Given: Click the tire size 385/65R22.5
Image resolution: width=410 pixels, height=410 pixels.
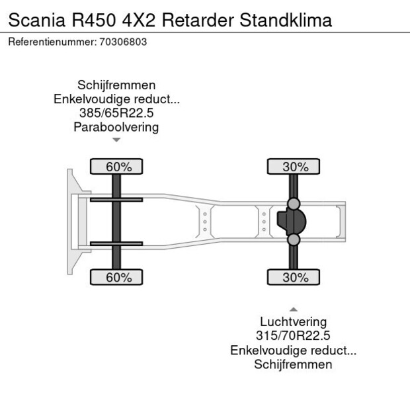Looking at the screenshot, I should click(116, 113).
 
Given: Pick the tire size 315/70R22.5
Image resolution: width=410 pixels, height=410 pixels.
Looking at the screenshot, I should click(293, 336).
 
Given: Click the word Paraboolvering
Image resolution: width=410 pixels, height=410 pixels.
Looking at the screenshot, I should click(116, 127).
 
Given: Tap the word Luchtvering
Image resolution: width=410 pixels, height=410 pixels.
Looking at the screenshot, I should click(293, 322).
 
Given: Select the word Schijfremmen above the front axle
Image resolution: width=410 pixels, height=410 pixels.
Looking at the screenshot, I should click(116, 85).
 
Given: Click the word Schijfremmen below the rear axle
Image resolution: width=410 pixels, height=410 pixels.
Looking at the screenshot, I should click(293, 364).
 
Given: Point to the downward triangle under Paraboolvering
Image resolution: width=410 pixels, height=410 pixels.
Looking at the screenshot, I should click(116, 140).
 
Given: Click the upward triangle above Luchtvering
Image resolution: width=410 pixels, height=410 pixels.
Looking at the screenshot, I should click(293, 309).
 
